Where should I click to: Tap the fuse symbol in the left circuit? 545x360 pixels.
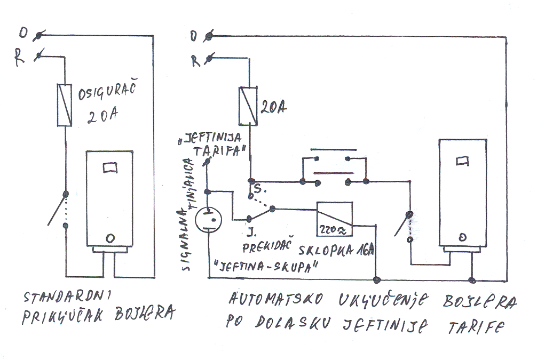pyautogui.click(x=65, y=105)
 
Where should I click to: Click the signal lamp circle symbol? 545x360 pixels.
pyautogui.click(x=208, y=220)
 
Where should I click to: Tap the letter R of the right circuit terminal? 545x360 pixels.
pyautogui.click(x=195, y=60)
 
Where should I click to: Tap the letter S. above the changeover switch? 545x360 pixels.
pyautogui.click(x=258, y=189)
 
